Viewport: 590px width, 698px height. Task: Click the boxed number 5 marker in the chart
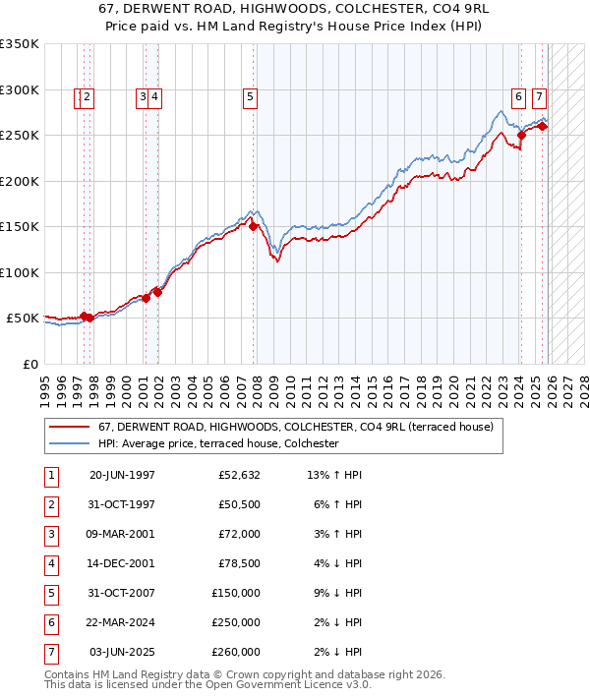point(251,96)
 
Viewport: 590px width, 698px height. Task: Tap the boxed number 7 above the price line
point(539,96)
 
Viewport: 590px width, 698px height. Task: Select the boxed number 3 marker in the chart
point(143,96)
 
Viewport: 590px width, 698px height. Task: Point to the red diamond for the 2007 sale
point(254,226)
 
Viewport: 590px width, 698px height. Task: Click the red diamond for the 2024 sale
point(522,136)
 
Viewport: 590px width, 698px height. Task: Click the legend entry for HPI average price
point(217,443)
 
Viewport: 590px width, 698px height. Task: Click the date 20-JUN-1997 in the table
point(122,475)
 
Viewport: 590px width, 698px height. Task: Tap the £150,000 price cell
point(236,593)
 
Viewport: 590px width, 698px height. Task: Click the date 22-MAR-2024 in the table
point(122,622)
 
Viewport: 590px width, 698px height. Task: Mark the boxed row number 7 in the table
point(50,652)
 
